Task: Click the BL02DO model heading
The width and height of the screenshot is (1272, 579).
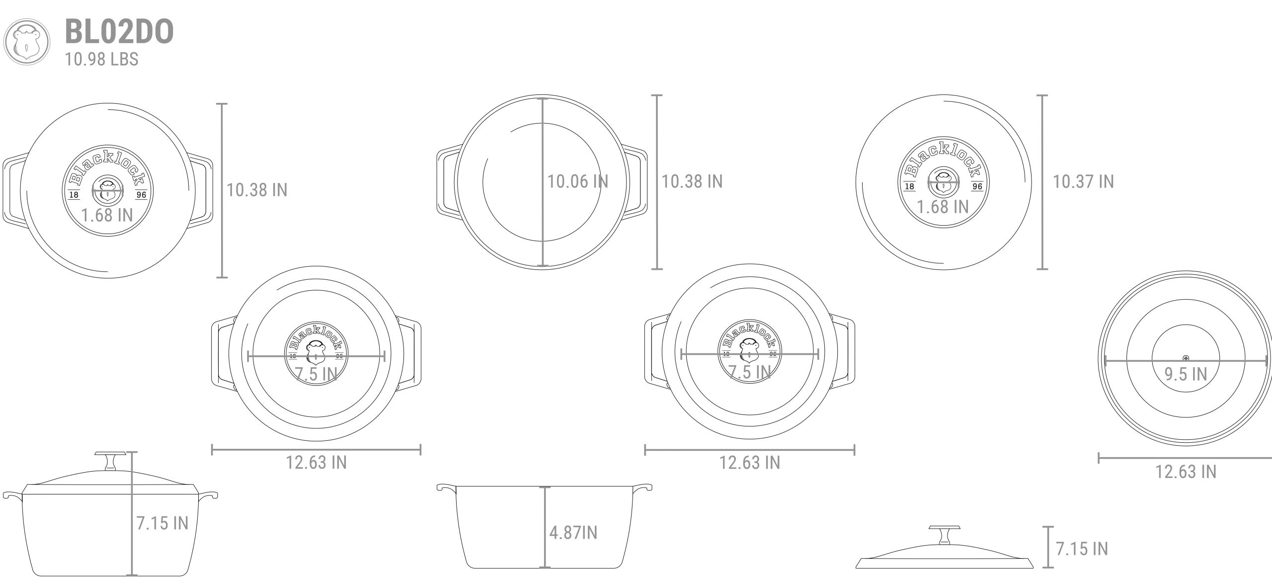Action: point(119,32)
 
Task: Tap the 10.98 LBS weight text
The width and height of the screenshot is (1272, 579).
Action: point(102,59)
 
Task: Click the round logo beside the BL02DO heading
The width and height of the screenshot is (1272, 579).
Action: point(27,42)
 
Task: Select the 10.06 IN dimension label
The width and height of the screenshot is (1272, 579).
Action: point(577,181)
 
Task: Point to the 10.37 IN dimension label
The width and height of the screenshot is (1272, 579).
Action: point(1083,181)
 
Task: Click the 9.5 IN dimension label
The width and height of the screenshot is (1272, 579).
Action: point(1186,374)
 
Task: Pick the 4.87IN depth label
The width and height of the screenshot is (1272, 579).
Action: point(573,533)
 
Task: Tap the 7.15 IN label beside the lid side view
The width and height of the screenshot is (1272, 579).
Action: point(1082,549)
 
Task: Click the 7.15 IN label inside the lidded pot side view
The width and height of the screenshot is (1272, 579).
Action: point(162,523)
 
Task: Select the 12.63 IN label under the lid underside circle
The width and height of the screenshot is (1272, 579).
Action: point(1186,471)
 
